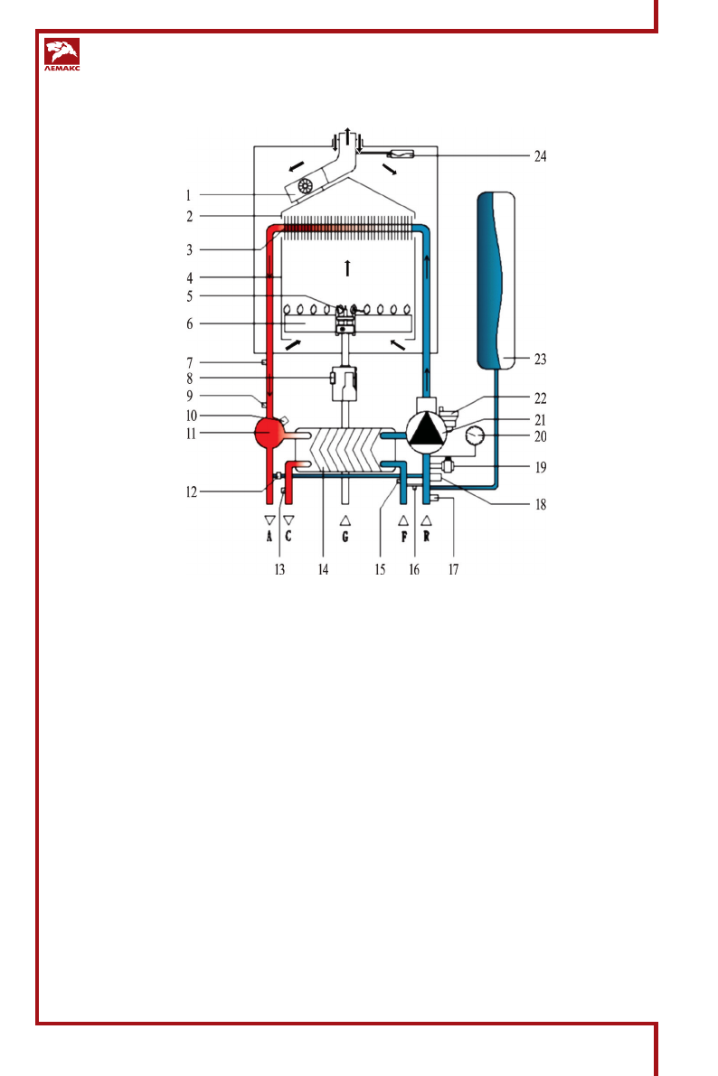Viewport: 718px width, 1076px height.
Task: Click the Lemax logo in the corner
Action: pos(61,55)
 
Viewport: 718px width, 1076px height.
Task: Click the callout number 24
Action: pos(540,156)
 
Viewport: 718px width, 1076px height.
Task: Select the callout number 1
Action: pos(188,195)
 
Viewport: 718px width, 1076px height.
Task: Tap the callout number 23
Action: pos(540,359)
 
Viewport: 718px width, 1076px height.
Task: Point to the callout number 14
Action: pos(323,569)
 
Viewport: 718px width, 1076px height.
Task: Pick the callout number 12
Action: pos(192,492)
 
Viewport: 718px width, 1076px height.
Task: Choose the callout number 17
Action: pos(453,569)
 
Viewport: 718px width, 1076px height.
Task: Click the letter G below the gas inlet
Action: pos(345,537)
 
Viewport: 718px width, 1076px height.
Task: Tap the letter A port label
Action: pos(269,537)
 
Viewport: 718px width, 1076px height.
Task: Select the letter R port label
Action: pos(427,537)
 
